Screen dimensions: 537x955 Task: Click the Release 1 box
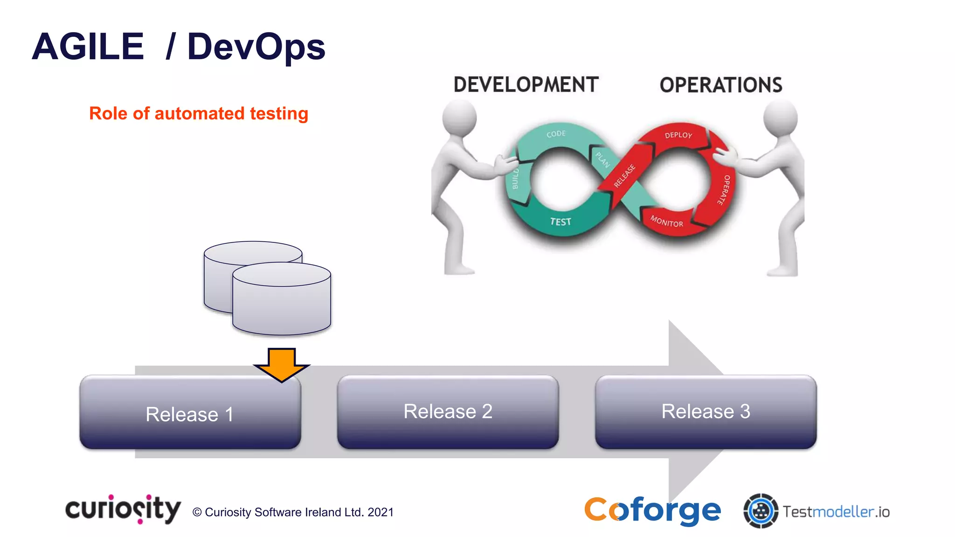pyautogui.click(x=190, y=413)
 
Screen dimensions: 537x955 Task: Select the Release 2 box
pyautogui.click(x=448, y=411)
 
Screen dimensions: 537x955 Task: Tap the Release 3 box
pyautogui.click(x=706, y=411)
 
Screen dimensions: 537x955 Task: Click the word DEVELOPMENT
pyautogui.click(x=526, y=85)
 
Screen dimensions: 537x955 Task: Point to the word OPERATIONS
pyautogui.click(x=721, y=85)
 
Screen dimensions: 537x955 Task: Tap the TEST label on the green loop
pyautogui.click(x=561, y=222)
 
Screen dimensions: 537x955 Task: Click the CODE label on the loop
pyautogui.click(x=556, y=134)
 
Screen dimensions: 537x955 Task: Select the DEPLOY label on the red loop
pyautogui.click(x=678, y=135)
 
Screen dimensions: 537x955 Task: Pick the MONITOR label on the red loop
pyautogui.click(x=667, y=221)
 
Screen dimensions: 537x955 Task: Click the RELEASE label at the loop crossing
pyautogui.click(x=624, y=176)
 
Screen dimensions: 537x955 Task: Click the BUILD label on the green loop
pyautogui.click(x=515, y=179)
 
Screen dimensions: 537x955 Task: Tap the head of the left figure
pyautogui.click(x=459, y=117)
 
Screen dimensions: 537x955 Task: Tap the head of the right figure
pyautogui.click(x=781, y=117)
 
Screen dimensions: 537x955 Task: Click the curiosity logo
pyautogui.click(x=123, y=509)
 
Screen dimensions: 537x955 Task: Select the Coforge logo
pyautogui.click(x=652, y=510)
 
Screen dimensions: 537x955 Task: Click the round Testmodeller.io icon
pyautogui.click(x=761, y=511)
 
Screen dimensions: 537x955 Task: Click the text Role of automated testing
pyautogui.click(x=199, y=113)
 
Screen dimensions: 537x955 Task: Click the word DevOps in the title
pyautogui.click(x=256, y=47)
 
